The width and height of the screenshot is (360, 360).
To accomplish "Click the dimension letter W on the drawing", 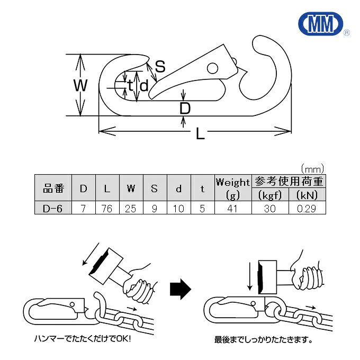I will pos(80,85).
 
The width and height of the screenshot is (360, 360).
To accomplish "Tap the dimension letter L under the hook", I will pos(200,134).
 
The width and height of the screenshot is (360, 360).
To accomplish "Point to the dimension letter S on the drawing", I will pos(160,67).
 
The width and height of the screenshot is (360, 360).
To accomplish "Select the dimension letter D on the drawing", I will pos(184,109).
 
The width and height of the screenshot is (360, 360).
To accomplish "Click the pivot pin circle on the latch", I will pos(212,68).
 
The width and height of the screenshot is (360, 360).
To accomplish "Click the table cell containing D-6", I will pos(52,209).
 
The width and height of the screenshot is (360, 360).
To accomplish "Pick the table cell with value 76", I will pos(107,209).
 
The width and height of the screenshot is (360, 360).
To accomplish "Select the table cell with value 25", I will pos(131,209).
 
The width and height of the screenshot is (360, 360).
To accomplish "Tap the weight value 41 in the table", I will pos(232,209).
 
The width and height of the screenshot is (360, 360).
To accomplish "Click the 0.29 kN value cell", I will pos(307,209).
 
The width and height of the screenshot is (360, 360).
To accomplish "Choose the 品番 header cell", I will pos(52,188).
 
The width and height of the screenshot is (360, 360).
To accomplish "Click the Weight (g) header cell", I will pos(232,188).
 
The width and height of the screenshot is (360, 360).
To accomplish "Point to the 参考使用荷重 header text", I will pos(289,182).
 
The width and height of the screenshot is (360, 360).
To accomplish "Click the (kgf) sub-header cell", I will pos(269,195).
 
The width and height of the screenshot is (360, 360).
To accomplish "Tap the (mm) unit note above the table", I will pos(312,169).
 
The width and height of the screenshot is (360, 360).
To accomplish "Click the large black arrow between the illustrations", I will pos(180,289).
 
